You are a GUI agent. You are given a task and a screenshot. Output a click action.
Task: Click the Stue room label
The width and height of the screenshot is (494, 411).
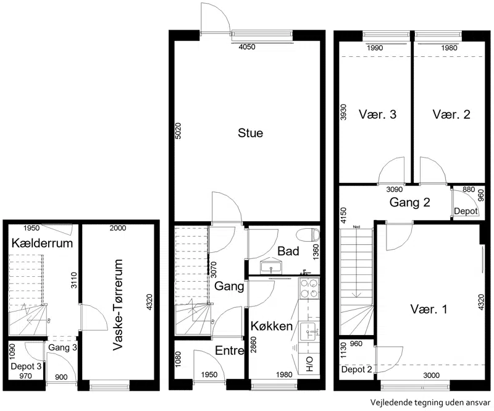(x=250, y=133)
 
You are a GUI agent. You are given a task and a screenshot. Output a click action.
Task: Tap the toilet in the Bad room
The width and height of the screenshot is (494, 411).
(x=308, y=234)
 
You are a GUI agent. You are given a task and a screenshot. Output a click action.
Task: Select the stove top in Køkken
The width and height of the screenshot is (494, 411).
(x=309, y=288)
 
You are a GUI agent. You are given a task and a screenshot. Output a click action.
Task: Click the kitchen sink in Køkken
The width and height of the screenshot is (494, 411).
(x=309, y=331)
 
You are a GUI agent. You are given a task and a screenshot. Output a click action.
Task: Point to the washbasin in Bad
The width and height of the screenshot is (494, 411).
(x=271, y=266)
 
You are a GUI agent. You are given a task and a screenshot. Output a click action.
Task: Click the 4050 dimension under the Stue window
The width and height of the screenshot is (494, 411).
(x=247, y=48)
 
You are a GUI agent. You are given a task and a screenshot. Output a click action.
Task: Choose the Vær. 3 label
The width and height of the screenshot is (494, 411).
(x=377, y=114)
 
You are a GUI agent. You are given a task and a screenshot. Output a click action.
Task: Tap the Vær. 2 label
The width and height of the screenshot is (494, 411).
(x=451, y=114)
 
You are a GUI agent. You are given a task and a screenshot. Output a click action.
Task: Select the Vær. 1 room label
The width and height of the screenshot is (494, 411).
(x=429, y=309)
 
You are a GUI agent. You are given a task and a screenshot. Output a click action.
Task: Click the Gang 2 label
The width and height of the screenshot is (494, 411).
(x=409, y=202)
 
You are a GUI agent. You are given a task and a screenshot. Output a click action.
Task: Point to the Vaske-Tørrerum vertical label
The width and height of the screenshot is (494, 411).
(x=117, y=305)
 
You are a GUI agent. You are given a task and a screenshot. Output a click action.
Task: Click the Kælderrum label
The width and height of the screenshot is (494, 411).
(x=42, y=243)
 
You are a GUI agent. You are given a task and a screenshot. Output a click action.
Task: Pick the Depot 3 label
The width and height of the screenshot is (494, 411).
(x=26, y=367)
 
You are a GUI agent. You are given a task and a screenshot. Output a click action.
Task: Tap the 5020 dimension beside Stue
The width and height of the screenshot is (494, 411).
(x=178, y=131)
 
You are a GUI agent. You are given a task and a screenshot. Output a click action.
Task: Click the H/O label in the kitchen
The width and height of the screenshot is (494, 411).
(x=309, y=363)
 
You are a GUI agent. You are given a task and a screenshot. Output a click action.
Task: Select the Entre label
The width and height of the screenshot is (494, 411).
(x=229, y=350)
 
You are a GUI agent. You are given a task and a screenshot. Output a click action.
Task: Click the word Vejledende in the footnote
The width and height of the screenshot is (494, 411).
(x=389, y=402)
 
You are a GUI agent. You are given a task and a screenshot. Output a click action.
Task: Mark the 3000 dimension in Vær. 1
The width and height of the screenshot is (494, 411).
(x=431, y=375)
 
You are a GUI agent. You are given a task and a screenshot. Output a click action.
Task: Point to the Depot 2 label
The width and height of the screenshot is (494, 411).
(x=357, y=370)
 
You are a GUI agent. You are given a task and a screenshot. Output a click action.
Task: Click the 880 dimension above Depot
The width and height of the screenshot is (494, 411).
(x=469, y=190)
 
